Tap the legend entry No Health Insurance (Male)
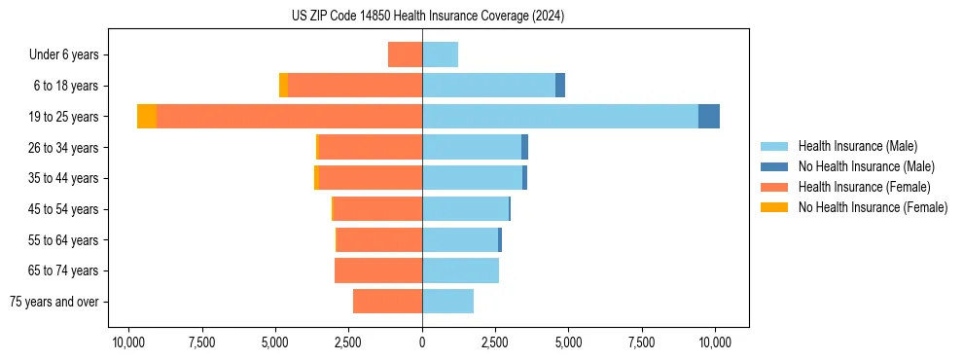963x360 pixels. pyautogui.click(x=866, y=166)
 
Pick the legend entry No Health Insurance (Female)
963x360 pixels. pyautogui.click(x=873, y=207)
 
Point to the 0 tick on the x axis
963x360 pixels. pyautogui.click(x=422, y=342)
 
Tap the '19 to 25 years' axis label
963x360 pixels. pyautogui.click(x=63, y=117)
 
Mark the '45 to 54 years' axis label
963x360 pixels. pyautogui.click(x=63, y=209)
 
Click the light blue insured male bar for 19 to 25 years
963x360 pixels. pyautogui.click(x=559, y=117)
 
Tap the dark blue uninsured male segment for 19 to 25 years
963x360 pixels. pyautogui.click(x=709, y=117)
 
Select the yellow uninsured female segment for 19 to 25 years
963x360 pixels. pyautogui.click(x=147, y=117)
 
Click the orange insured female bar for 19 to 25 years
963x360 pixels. pyautogui.click(x=289, y=117)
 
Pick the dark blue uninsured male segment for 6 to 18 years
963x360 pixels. pyautogui.click(x=560, y=86)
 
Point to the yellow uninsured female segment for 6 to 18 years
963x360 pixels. pyautogui.click(x=283, y=86)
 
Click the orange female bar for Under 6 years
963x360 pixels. pyautogui.click(x=405, y=54)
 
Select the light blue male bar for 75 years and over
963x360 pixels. pyautogui.click(x=447, y=302)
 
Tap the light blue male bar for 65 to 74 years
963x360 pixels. pyautogui.click(x=460, y=270)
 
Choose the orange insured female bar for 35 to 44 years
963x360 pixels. pyautogui.click(x=371, y=178)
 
